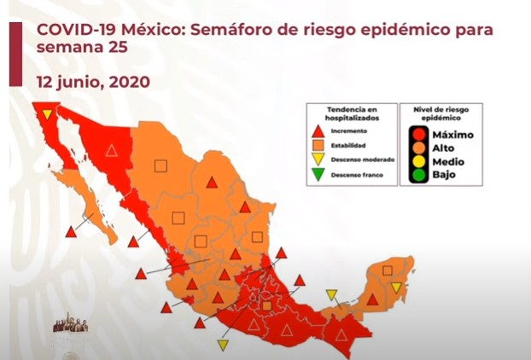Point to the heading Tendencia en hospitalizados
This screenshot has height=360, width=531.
pos(350,113)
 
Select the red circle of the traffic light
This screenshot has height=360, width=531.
pos(418,134)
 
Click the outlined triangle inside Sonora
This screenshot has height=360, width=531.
pos(111,150)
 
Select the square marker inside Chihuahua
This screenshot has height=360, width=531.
pos(161,165)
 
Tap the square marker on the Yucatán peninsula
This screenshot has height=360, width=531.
pos(388,270)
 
